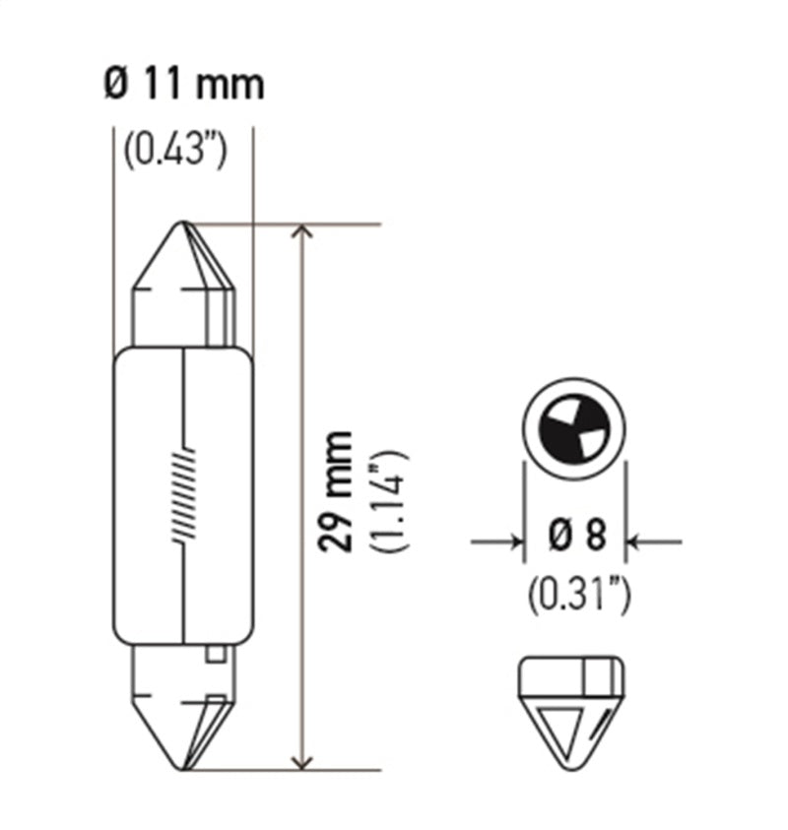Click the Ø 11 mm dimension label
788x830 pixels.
coord(183,85)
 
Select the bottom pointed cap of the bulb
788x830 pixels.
coord(184,709)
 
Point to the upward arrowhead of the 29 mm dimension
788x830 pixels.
coord(304,234)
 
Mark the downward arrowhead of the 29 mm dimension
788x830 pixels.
coord(304,760)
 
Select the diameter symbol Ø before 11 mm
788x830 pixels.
coord(115,85)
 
